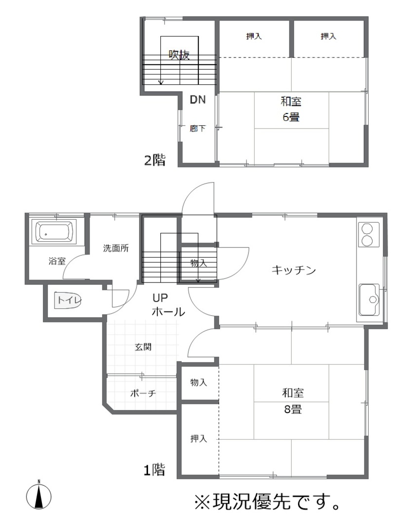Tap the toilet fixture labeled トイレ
[68, 300]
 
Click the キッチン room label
[294, 270]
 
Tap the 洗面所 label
[116, 248]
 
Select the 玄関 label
[143, 347]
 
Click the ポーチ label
[143, 393]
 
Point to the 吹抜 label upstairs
[179, 55]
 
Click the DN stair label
[198, 100]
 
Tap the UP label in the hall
[160, 298]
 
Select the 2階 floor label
[155, 160]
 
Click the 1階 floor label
[154, 470]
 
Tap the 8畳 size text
[293, 409]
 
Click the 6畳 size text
[291, 117]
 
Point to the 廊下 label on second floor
[198, 128]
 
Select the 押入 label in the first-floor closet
[199, 438]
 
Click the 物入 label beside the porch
[199, 382]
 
